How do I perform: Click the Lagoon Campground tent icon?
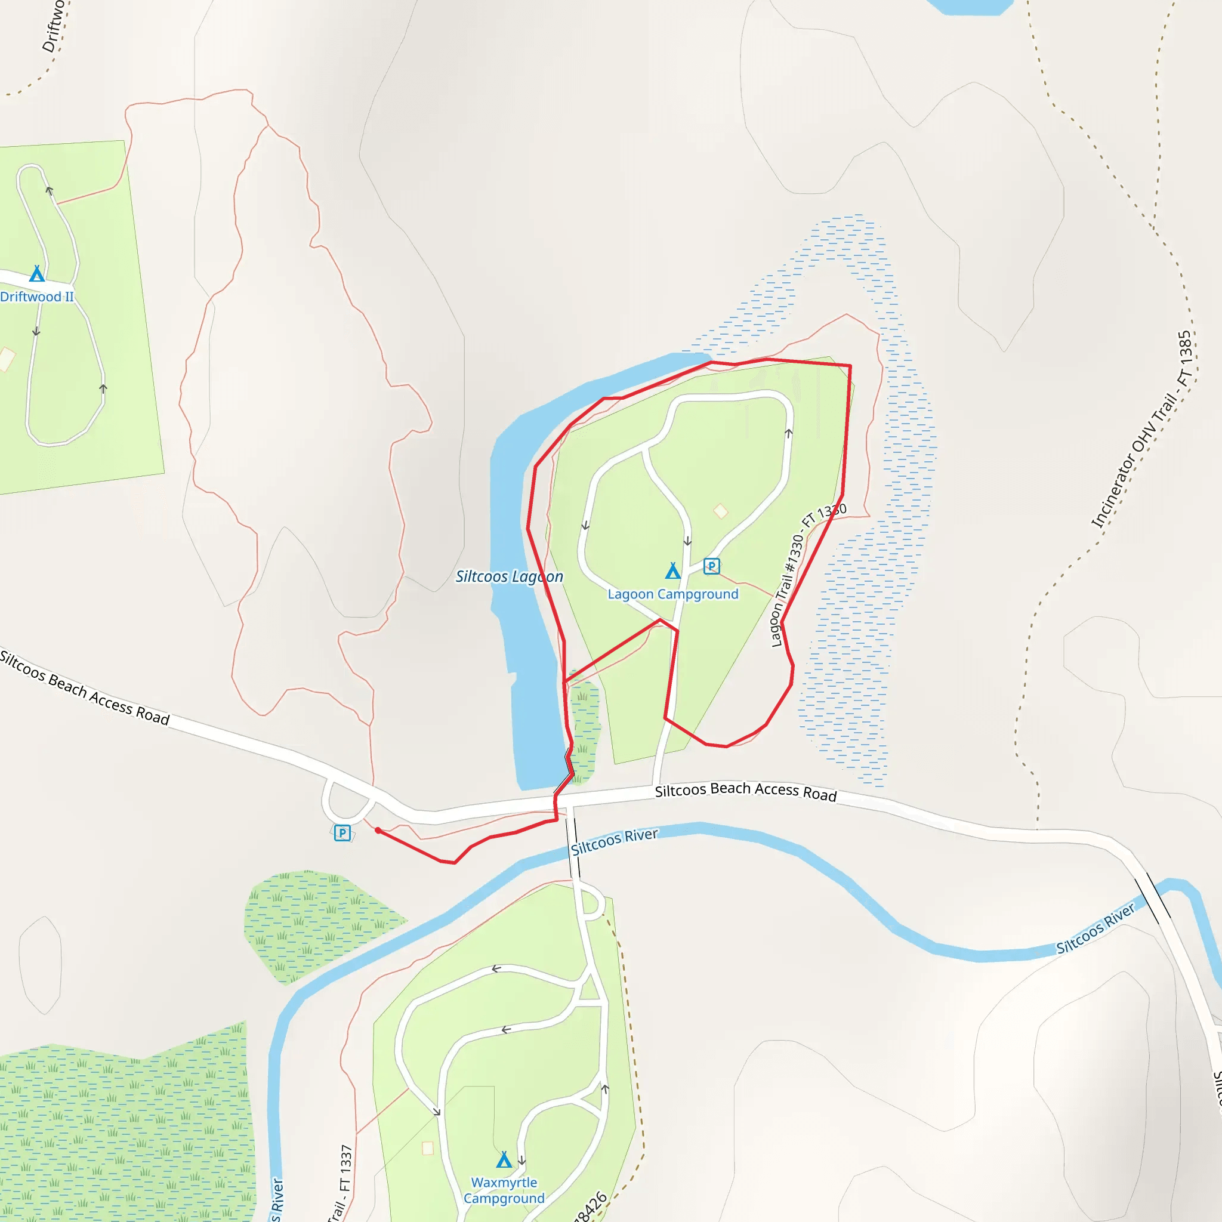(x=672, y=571)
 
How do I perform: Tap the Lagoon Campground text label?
(x=673, y=594)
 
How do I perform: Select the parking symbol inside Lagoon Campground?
(x=712, y=566)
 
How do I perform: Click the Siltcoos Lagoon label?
(x=509, y=577)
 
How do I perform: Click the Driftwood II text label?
(x=36, y=297)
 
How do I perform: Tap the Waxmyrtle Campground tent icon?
(x=504, y=1159)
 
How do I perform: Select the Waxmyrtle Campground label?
(x=504, y=1190)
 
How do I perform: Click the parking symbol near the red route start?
(x=342, y=832)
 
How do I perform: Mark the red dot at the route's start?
(x=378, y=831)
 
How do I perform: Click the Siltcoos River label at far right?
(x=1096, y=928)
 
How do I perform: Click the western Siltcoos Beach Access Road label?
(x=84, y=687)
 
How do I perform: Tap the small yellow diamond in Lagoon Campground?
(x=720, y=511)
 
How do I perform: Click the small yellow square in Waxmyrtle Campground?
(x=428, y=1148)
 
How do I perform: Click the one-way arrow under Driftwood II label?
(x=36, y=331)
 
